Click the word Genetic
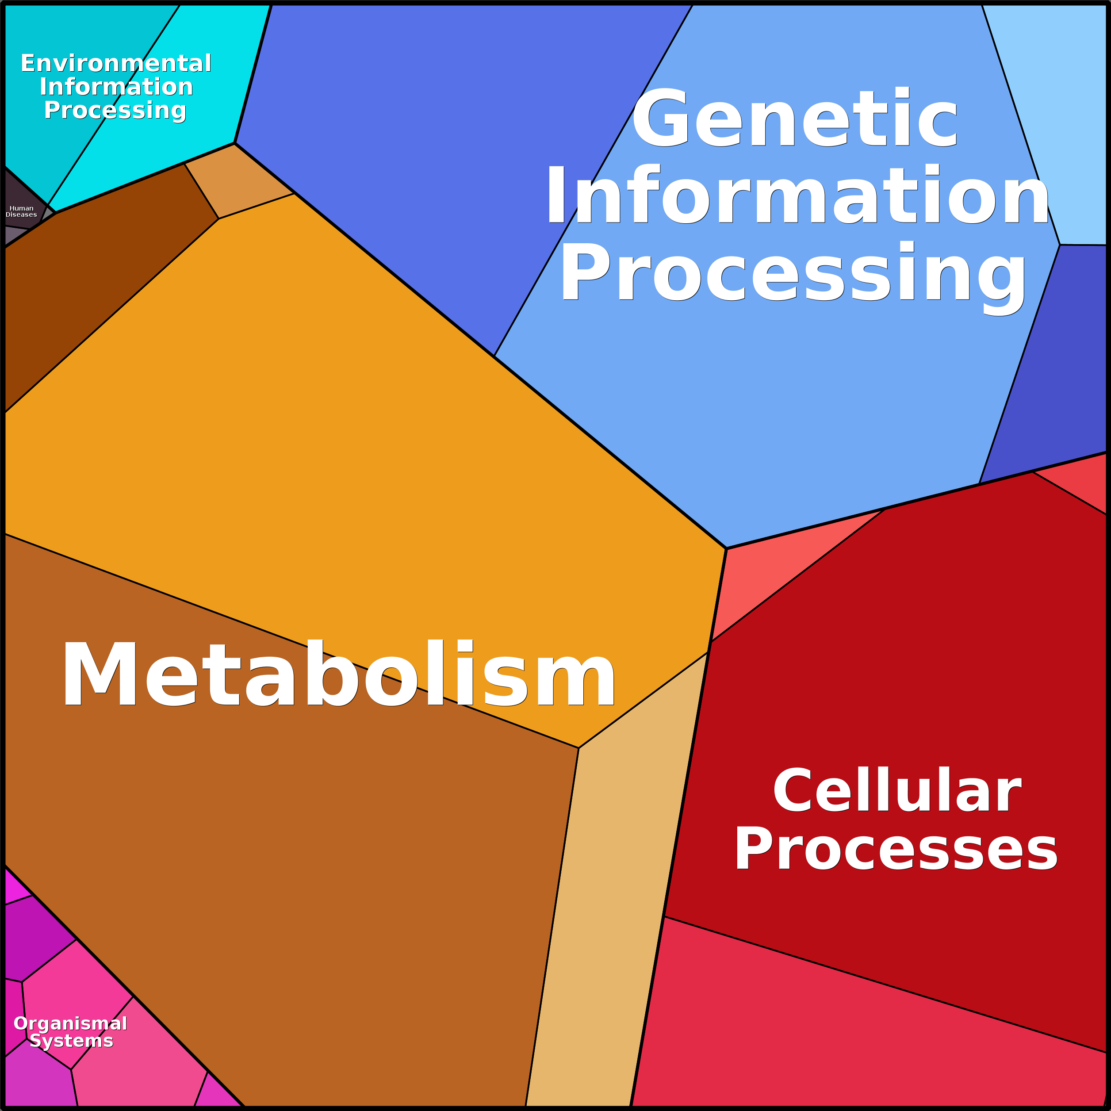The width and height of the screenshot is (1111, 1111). (x=794, y=117)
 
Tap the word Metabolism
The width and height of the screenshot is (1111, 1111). (x=339, y=674)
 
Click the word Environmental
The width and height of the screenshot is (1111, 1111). (x=115, y=63)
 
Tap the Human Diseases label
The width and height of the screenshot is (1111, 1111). (x=21, y=211)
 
